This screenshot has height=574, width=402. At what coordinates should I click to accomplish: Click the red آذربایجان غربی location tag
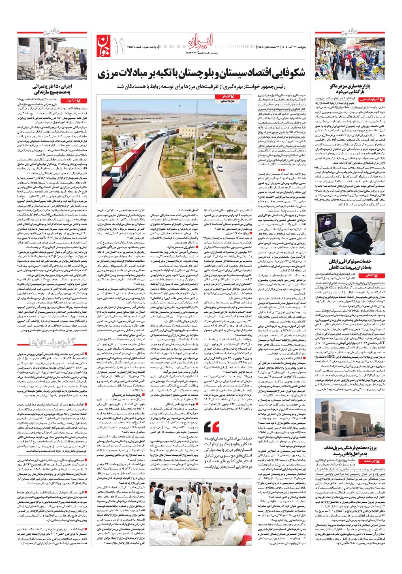370,99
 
